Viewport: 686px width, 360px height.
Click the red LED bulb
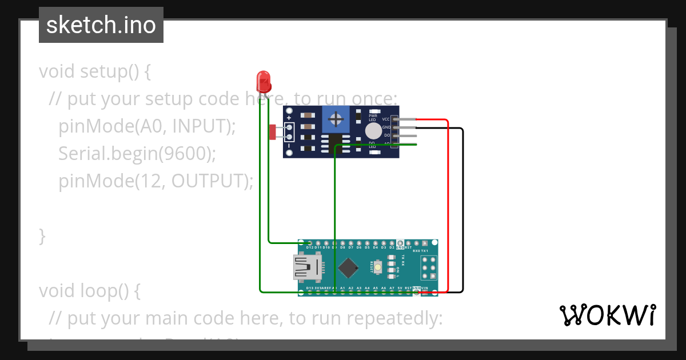coord(264,81)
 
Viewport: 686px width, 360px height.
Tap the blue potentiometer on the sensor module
coord(337,119)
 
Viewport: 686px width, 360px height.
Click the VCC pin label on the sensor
coord(386,119)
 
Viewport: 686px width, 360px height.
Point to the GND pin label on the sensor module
coord(386,127)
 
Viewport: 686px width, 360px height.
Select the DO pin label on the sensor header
coord(387,135)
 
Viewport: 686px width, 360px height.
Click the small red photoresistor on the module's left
coord(273,133)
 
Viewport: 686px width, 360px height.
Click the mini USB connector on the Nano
coord(306,267)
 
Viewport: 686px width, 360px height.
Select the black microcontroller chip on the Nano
coord(348,267)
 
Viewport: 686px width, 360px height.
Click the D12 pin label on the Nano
coord(309,247)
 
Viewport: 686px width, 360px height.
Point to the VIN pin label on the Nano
coord(425,287)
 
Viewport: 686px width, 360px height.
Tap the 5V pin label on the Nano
coord(400,287)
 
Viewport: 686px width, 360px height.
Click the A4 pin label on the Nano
coord(367,287)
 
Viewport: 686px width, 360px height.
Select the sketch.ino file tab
coord(101,25)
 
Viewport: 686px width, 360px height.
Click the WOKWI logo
coord(607,315)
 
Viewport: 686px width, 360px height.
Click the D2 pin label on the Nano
coord(392,247)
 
